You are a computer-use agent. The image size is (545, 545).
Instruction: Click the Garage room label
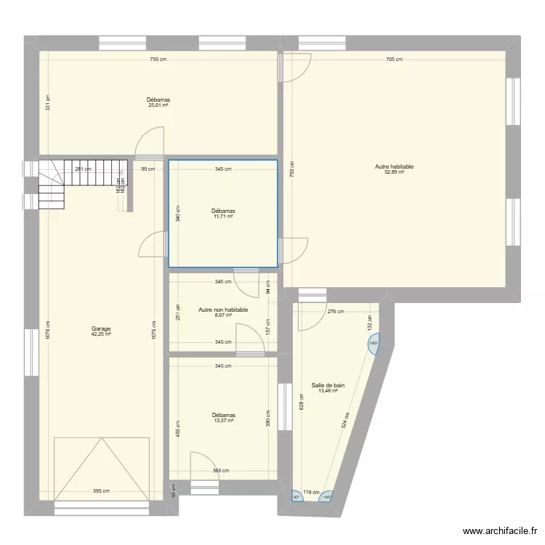(x=101, y=328)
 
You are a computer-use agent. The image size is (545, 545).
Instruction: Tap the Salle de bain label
(x=328, y=385)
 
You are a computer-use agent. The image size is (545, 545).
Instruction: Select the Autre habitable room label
(x=394, y=166)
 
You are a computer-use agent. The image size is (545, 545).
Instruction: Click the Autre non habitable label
(x=223, y=310)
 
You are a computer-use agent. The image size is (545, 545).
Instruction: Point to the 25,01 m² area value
(x=158, y=105)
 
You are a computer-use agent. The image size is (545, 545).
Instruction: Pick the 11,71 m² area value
(x=223, y=217)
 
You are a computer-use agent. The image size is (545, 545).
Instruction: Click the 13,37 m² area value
(x=223, y=421)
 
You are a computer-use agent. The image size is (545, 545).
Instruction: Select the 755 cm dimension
(x=158, y=60)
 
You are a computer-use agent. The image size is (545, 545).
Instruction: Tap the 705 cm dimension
(x=394, y=60)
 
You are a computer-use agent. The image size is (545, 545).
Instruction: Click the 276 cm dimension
(x=336, y=312)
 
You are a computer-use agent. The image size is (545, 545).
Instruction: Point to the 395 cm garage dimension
(x=101, y=491)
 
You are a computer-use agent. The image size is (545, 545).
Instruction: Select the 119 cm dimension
(x=312, y=492)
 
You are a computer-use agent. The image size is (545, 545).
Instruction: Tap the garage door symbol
(x=101, y=468)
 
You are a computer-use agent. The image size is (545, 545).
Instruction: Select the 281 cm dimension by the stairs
(x=84, y=169)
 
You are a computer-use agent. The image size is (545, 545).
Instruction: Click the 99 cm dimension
(x=148, y=169)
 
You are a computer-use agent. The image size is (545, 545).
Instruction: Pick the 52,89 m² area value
(x=394, y=172)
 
